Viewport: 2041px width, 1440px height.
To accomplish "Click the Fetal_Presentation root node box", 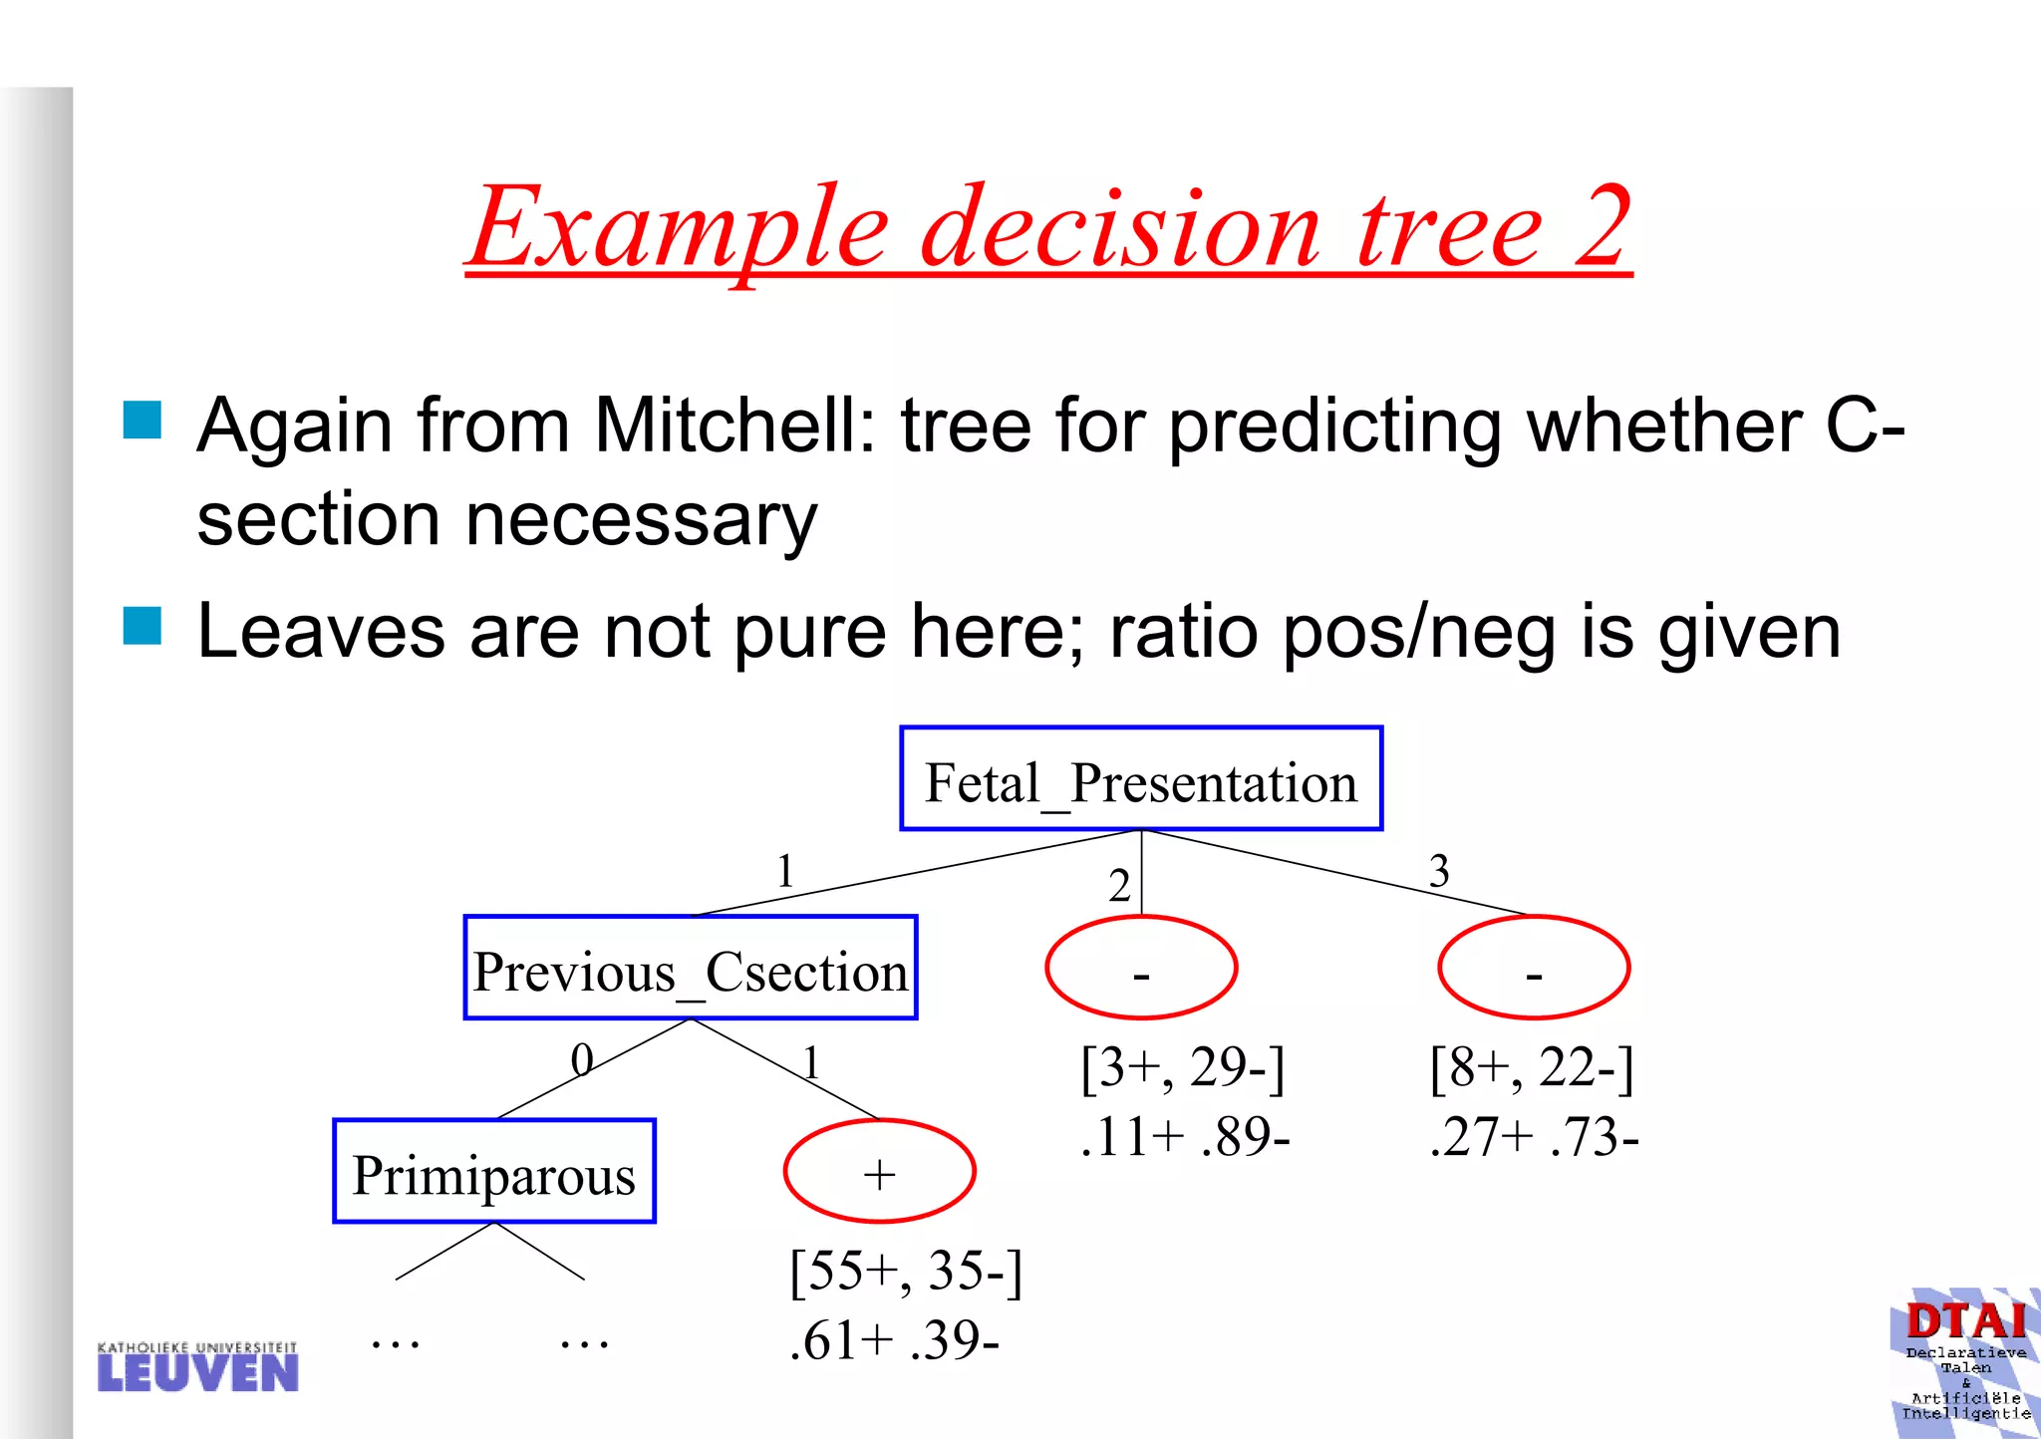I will pyautogui.click(x=1141, y=779).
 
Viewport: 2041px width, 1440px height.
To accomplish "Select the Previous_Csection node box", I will pyautogui.click(x=690, y=968).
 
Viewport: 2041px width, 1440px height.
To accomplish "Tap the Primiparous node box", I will pyautogui.click(x=494, y=1172).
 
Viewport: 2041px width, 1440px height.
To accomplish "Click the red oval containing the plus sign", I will pyautogui.click(x=879, y=1171).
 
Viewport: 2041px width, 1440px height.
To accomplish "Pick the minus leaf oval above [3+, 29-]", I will pyautogui.click(x=1141, y=968).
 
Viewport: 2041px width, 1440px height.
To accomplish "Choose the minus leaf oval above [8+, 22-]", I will pyautogui.click(x=1534, y=968).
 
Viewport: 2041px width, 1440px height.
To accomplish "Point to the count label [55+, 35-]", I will pyautogui.click(x=906, y=1272).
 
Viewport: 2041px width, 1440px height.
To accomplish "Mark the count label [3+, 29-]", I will pyautogui.click(x=1183, y=1067).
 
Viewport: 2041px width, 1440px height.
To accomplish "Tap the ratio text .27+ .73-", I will pyautogui.click(x=1534, y=1137).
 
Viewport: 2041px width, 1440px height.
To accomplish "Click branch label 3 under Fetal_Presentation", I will pyautogui.click(x=1438, y=872).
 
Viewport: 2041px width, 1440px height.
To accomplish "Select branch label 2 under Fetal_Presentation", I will pyautogui.click(x=1119, y=886).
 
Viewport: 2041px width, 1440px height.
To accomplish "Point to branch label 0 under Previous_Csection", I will pyautogui.click(x=582, y=1060).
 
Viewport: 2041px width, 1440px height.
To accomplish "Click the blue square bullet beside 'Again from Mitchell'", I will pyautogui.click(x=143, y=421).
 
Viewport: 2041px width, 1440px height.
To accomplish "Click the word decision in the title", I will pyautogui.click(x=1121, y=229).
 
